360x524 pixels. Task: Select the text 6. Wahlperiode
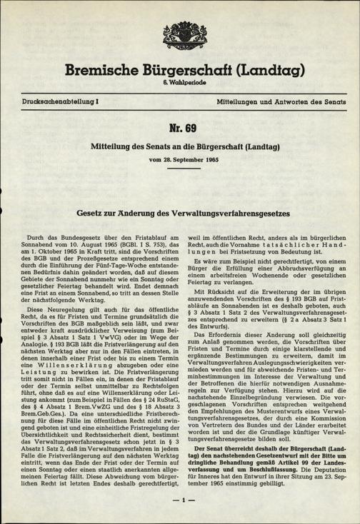(179, 83)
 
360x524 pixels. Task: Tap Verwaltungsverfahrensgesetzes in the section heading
(235, 212)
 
